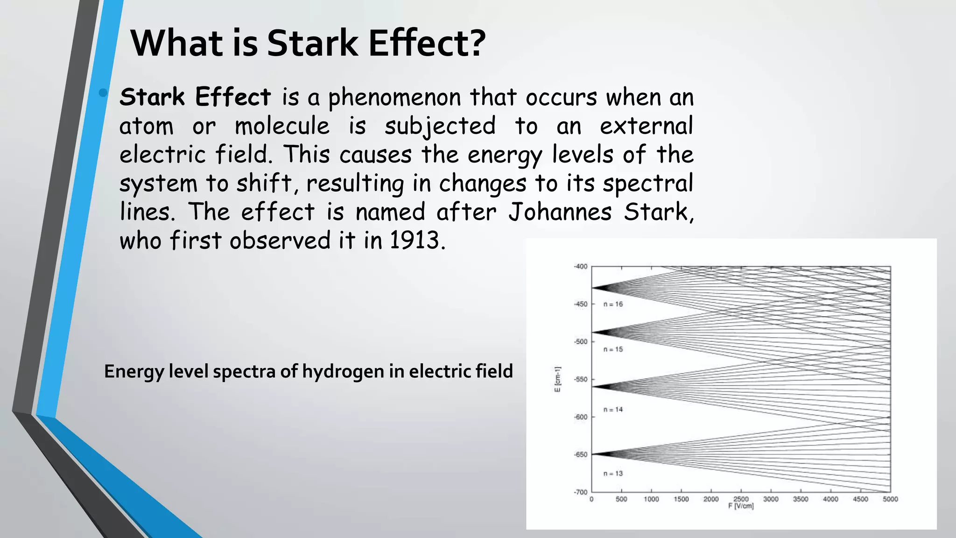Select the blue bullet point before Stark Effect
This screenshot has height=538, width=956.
(103, 93)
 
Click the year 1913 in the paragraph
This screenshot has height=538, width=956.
(415, 241)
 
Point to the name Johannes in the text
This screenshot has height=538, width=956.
(560, 212)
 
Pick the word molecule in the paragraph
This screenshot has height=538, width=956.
(282, 126)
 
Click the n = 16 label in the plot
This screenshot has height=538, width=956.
(613, 304)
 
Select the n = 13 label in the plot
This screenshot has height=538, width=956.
(613, 474)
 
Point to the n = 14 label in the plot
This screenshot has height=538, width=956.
(613, 410)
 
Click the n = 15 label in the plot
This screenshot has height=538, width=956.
(613, 349)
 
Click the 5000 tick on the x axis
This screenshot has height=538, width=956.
(890, 499)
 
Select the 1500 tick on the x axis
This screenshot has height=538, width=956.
(681, 499)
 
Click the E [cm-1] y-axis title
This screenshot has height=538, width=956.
(557, 379)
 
